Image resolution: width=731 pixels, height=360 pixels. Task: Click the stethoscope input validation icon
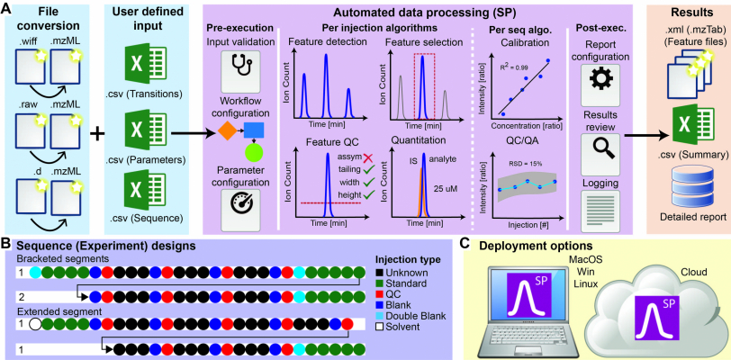pos(240,66)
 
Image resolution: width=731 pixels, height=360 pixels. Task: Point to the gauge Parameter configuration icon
pos(240,202)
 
